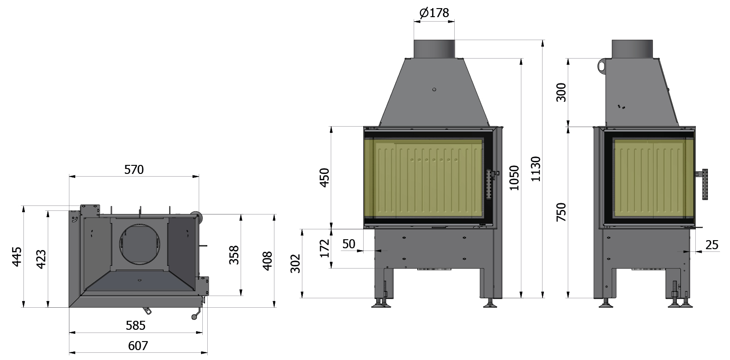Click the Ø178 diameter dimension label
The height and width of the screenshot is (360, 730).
click(x=434, y=13)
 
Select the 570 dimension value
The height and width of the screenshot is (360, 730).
click(x=134, y=169)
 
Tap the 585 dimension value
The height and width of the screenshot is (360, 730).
click(x=136, y=325)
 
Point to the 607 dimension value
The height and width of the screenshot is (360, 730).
click(x=138, y=346)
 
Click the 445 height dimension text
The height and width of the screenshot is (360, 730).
click(x=17, y=256)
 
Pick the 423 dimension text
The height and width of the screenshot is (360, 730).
click(x=41, y=260)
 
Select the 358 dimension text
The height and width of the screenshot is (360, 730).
click(x=234, y=255)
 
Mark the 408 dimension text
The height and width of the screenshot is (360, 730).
click(x=267, y=261)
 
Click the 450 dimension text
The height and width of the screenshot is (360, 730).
click(x=324, y=178)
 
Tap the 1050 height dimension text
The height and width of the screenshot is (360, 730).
click(x=514, y=178)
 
